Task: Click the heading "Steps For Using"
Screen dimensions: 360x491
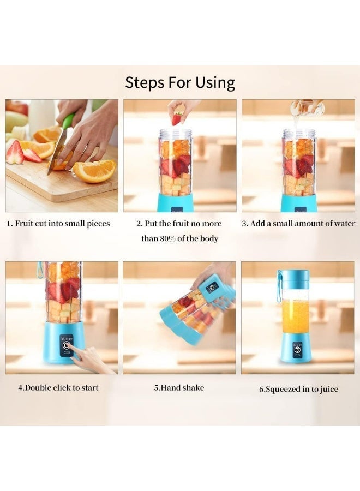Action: pyautogui.click(x=180, y=82)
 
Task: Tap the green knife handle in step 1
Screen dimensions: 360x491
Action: pyautogui.click(x=69, y=121)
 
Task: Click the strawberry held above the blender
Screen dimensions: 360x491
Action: pyautogui.click(x=177, y=119)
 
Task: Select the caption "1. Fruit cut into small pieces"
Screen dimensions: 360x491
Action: pyautogui.click(x=58, y=224)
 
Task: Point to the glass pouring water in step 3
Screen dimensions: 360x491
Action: pyautogui.click(x=307, y=109)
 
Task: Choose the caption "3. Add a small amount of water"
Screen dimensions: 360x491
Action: pyautogui.click(x=298, y=224)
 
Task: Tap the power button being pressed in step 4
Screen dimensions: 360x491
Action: pyautogui.click(x=66, y=346)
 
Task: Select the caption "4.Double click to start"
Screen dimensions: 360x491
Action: pyautogui.click(x=58, y=388)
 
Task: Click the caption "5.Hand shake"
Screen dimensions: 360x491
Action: pyautogui.click(x=179, y=388)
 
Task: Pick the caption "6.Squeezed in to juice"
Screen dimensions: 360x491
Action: pyautogui.click(x=299, y=389)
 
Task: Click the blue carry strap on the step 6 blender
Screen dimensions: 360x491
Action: pyautogui.click(x=279, y=286)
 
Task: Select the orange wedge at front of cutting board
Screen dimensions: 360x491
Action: pyautogui.click(x=94, y=171)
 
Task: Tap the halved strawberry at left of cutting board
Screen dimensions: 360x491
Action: pyautogui.click(x=15, y=152)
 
